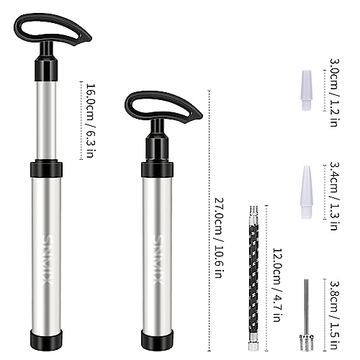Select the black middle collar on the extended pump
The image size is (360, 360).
click(46, 170)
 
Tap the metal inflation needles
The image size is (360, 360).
click(305, 320)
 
